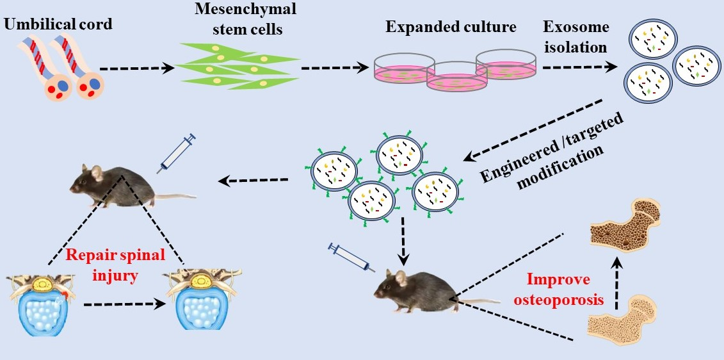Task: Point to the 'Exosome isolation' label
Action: (575, 37)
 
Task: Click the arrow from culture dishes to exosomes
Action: (579, 65)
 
